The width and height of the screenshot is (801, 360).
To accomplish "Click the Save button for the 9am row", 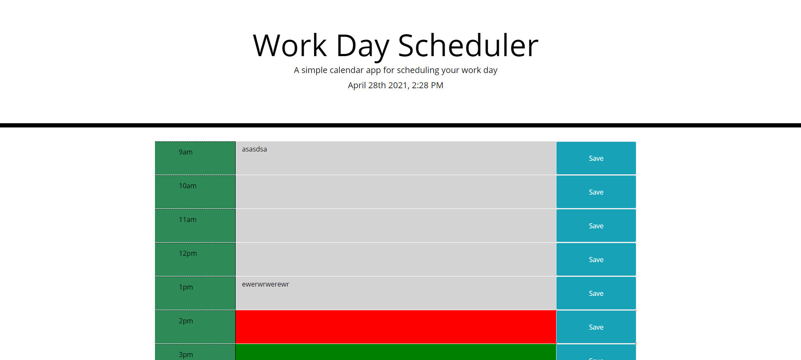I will click(x=596, y=158).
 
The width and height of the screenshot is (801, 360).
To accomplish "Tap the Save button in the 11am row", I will click(x=596, y=226).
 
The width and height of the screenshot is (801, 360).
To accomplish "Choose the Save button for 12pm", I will click(x=596, y=260).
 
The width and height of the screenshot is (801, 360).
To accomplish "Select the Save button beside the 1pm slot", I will click(x=596, y=293).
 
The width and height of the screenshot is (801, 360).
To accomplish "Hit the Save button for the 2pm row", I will click(x=596, y=327).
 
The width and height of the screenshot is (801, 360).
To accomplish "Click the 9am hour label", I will click(x=186, y=152).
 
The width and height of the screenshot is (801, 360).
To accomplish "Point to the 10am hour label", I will click(x=187, y=186).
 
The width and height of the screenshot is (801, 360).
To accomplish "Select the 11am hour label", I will click(x=187, y=220).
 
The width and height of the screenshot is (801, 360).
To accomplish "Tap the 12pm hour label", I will click(x=188, y=254).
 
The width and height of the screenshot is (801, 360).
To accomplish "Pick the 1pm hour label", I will click(x=186, y=287).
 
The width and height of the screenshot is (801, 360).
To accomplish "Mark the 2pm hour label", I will click(x=186, y=321).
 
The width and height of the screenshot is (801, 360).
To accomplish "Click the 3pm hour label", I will click(x=186, y=355).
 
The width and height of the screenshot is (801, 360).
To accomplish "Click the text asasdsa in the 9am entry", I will click(x=254, y=149).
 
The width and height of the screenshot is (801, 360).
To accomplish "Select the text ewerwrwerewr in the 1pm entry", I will click(x=265, y=284).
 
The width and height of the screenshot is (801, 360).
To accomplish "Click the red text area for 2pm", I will click(x=396, y=327).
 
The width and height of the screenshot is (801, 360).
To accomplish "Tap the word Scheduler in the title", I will click(x=468, y=46).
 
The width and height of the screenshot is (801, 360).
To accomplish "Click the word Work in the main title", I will click(x=290, y=46).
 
